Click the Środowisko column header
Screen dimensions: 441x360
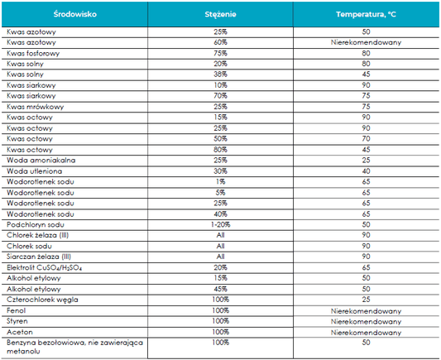pos(74,14)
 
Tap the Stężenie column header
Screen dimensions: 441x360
pos(220,14)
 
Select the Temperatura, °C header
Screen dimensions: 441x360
pos(366,14)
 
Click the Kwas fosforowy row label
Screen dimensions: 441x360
pos(33,53)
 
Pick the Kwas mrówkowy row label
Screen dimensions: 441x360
pos(35,107)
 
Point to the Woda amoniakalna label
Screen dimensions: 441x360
pos(41,160)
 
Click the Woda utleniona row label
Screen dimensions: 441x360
pos(34,171)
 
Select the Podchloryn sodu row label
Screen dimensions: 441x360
pos(36,224)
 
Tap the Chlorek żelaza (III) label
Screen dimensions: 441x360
pos(38,235)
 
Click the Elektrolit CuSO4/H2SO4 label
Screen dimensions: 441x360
pos(44,267)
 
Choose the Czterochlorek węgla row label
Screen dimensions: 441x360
pos(42,300)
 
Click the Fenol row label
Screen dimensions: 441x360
pos(16,310)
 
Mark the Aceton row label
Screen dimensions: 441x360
pos(20,332)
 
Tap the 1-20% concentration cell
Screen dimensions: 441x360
pos(220,224)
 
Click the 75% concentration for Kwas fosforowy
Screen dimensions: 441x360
pos(220,53)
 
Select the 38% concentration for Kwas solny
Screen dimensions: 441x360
pos(220,74)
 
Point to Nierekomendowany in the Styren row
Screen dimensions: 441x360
pos(366,321)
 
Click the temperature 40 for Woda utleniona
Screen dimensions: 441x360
pos(366,171)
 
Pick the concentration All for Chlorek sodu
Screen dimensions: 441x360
pos(220,246)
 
